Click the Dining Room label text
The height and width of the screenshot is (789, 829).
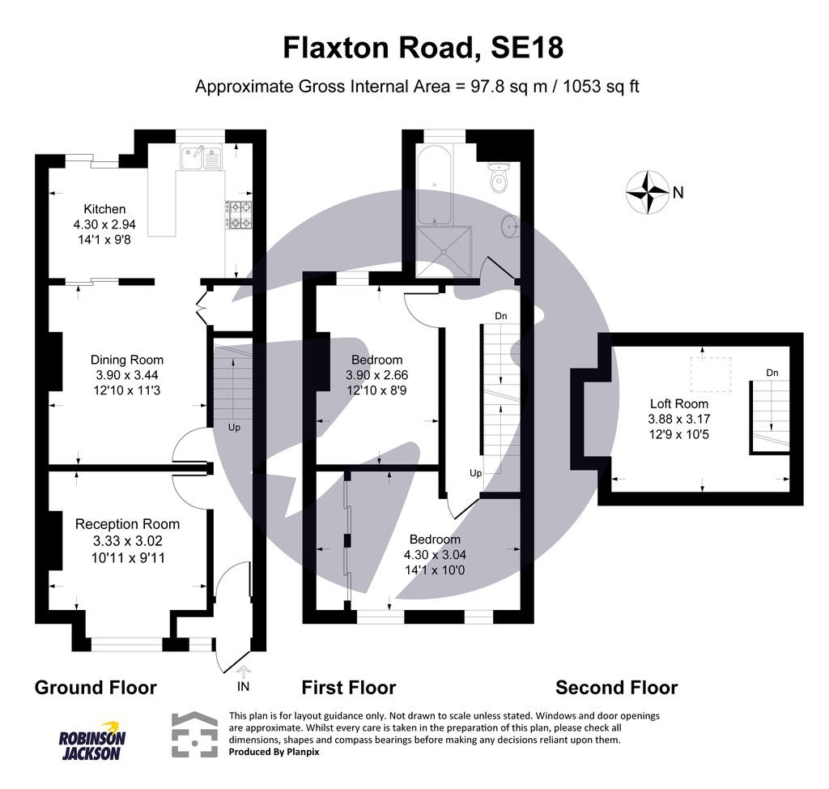click(x=126, y=360)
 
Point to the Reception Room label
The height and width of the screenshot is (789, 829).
click(x=127, y=524)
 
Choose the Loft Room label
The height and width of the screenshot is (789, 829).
click(x=678, y=403)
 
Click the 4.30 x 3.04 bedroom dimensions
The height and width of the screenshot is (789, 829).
click(x=435, y=555)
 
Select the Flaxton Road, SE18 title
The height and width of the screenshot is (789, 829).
click(x=423, y=48)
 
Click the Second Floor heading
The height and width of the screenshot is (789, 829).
click(x=616, y=688)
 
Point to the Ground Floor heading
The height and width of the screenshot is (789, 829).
click(x=96, y=688)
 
